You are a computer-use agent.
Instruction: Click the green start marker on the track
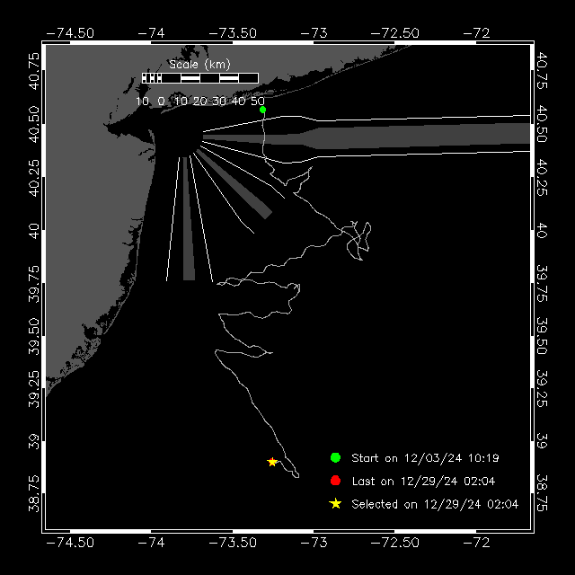click(262, 110)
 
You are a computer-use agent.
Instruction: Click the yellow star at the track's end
click(272, 462)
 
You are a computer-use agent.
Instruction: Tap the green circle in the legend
click(335, 457)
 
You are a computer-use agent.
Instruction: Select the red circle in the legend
click(335, 481)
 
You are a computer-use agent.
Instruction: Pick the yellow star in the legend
click(335, 503)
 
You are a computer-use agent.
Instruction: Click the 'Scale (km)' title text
click(199, 65)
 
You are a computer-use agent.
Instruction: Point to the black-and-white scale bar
click(200, 78)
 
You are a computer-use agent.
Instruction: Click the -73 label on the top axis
click(314, 33)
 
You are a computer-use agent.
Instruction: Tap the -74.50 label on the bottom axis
click(70, 543)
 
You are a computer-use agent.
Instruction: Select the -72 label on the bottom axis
click(476, 543)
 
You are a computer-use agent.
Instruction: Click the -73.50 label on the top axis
click(233, 33)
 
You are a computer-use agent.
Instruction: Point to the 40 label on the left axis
click(34, 231)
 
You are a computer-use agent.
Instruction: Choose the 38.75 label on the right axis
click(542, 493)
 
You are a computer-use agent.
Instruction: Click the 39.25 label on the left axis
click(34, 389)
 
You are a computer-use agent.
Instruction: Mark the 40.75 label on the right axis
click(542, 70)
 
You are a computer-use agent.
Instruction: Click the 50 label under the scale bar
click(258, 102)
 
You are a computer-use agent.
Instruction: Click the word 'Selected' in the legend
click(375, 504)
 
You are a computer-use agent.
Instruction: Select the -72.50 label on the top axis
click(395, 33)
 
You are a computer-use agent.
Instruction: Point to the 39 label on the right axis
click(542, 441)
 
